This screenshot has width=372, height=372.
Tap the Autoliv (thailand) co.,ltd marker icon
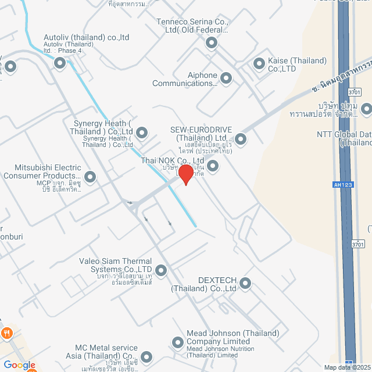(x=59, y=63)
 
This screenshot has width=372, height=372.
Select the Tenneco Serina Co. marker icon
(x=211, y=42)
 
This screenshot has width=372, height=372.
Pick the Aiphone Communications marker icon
(x=226, y=78)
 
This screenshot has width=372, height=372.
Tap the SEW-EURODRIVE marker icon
(x=240, y=139)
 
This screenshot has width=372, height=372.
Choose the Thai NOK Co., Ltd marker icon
(x=213, y=166)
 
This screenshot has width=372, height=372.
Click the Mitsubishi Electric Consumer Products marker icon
(x=90, y=176)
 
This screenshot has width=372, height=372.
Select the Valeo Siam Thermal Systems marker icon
(x=160, y=270)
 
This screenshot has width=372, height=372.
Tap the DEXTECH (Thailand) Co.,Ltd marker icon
(x=245, y=284)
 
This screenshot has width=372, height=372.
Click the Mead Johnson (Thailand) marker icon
(x=178, y=341)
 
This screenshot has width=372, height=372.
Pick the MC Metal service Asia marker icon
(x=146, y=356)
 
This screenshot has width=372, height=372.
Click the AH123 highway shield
(x=344, y=184)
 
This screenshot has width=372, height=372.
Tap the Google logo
(x=19, y=365)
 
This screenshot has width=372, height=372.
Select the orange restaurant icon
(x=6, y=334)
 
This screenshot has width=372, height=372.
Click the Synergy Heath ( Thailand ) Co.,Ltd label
(x=103, y=127)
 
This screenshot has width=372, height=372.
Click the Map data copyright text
(x=347, y=367)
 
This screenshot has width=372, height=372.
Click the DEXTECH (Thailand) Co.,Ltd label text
(x=203, y=284)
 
